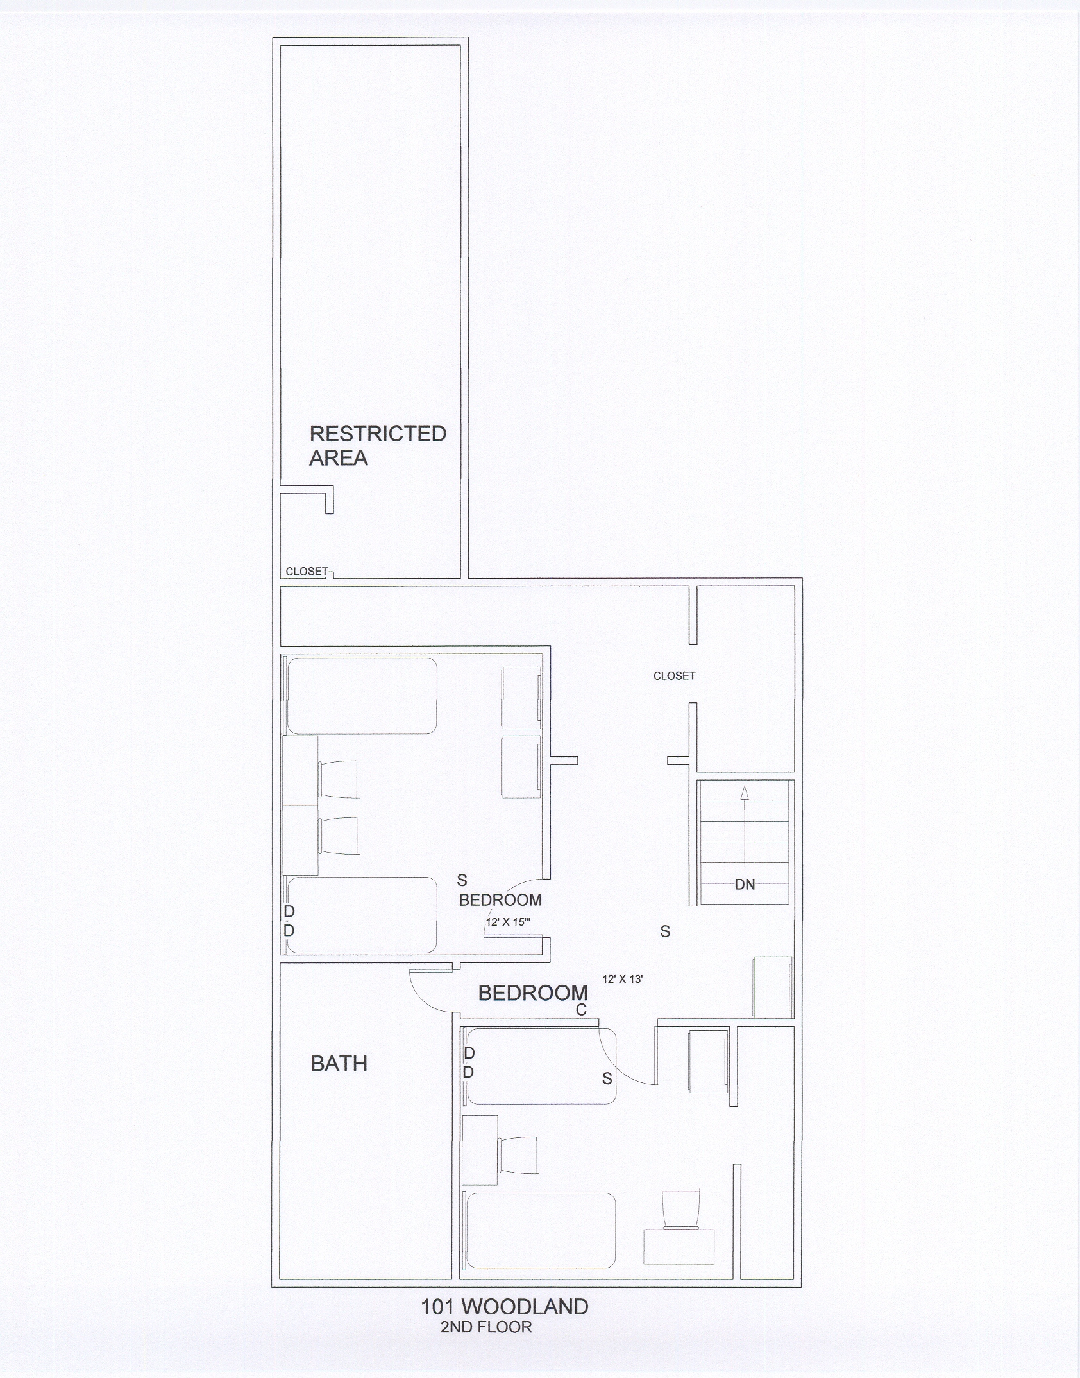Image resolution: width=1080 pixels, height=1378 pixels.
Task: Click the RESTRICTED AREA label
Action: [378, 445]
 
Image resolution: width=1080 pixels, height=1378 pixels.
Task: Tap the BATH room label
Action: [339, 1064]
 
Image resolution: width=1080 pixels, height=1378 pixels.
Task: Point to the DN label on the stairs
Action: [745, 885]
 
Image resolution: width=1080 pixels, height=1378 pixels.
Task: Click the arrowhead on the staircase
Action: [744, 793]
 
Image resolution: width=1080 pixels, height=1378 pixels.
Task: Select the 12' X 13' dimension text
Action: [623, 980]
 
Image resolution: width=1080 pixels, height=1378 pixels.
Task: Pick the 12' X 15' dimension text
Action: [508, 923]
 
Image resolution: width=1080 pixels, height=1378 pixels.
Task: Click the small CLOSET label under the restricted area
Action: [307, 572]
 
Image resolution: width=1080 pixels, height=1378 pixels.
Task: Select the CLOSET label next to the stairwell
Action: [675, 676]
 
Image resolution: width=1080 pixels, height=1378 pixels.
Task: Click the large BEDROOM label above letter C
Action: [533, 993]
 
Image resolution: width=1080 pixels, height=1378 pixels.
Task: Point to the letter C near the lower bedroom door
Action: [581, 1010]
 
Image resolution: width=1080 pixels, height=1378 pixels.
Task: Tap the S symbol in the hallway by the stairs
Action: [665, 931]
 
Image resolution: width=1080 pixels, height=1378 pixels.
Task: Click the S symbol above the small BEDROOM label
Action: [462, 880]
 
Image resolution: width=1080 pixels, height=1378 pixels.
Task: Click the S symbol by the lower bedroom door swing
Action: [607, 1079]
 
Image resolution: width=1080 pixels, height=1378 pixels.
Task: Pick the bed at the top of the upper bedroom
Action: [362, 695]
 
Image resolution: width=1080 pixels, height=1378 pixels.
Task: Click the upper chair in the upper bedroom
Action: [338, 779]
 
